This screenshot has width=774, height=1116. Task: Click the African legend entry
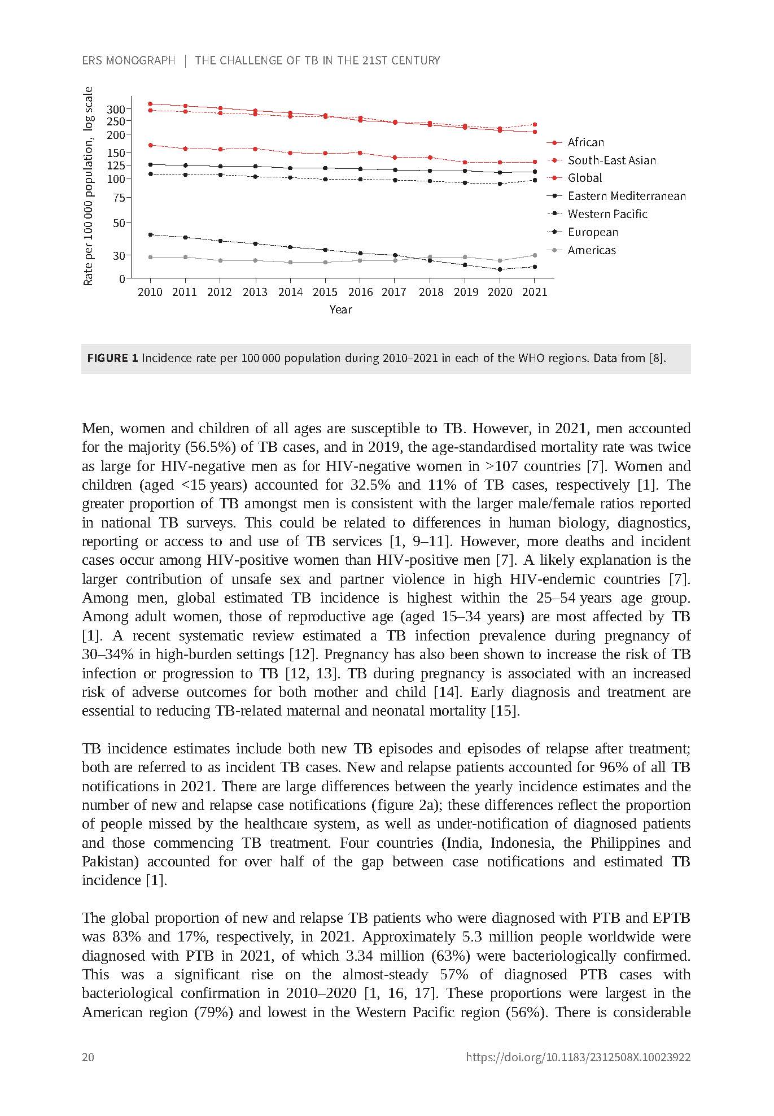point(585,142)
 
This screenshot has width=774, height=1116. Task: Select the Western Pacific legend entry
point(607,214)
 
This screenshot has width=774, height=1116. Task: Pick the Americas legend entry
point(592,250)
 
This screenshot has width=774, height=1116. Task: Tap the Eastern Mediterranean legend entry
point(627,196)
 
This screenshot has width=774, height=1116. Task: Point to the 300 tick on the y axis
point(116,109)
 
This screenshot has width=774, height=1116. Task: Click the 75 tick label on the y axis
point(119,198)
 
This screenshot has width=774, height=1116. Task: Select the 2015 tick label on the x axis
point(325,292)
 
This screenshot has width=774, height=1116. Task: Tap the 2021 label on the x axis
point(535,292)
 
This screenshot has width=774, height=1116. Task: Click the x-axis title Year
point(340,309)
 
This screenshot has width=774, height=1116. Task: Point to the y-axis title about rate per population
point(88,186)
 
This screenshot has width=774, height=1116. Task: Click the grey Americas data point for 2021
point(535,255)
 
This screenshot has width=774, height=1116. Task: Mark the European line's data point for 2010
point(150,234)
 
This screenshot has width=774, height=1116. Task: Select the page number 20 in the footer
point(88,1057)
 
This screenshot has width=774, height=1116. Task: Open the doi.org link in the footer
point(578,1057)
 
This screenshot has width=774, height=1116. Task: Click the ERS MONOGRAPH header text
point(129,60)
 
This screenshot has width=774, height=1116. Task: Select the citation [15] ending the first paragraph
point(505,711)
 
